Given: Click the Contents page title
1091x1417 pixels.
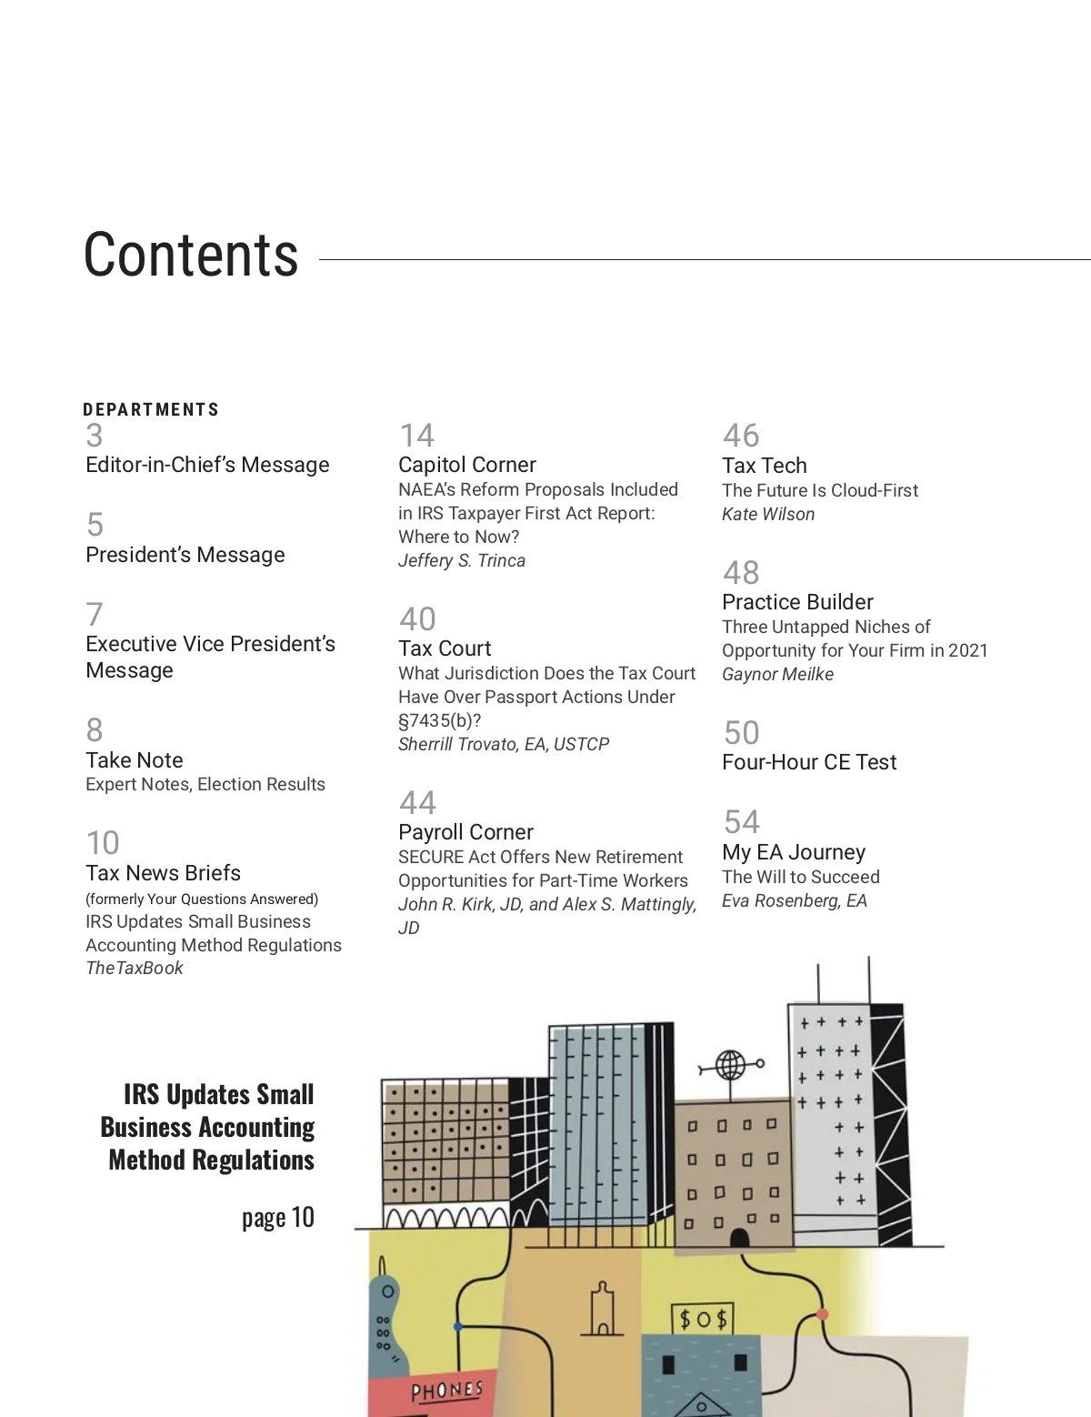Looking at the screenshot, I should [x=191, y=256].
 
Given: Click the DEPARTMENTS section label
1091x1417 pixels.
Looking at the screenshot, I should [x=151, y=410].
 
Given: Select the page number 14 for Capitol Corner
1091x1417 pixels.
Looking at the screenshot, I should [x=416, y=436].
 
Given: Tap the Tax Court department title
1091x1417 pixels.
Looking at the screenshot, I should [x=445, y=648].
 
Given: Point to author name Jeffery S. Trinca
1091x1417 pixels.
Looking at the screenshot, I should [x=462, y=561].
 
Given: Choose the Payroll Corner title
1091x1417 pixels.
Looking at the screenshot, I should [x=465, y=832].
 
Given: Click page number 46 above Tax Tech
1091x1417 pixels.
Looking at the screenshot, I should [x=741, y=436].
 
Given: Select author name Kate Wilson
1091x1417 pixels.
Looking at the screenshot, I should [x=768, y=515].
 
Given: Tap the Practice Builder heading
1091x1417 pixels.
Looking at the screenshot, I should [x=797, y=602].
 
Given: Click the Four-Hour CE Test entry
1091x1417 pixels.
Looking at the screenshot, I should [x=809, y=762].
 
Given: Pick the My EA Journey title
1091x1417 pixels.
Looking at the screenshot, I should [x=794, y=852].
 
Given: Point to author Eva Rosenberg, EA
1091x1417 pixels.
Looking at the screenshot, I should [x=795, y=901].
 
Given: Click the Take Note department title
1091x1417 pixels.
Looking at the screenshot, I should [x=135, y=760].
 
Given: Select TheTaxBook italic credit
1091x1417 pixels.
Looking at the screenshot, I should [x=135, y=969].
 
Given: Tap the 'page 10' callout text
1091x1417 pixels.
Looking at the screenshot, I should [x=277, y=1218].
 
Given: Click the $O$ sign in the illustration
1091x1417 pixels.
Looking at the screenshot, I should [x=702, y=1319].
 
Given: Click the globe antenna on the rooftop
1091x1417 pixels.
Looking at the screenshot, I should [x=730, y=1064].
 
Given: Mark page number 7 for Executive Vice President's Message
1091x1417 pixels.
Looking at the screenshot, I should [x=95, y=615].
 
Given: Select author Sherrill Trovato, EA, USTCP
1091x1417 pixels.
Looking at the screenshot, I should [x=504, y=745].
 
